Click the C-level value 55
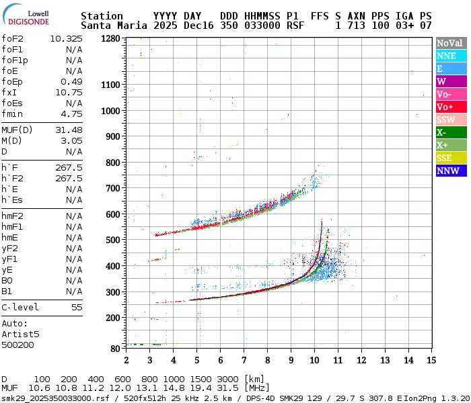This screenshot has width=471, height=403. point(77,307)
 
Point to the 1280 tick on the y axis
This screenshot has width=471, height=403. point(111,39)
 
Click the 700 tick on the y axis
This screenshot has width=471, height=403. point(113,189)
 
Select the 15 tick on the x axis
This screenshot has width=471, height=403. point(430,360)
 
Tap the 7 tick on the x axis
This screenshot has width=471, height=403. point(244,360)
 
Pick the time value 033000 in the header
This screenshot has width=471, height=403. point(262,26)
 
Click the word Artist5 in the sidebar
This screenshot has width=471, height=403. point(20,334)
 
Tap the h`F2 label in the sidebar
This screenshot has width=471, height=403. point(13,178)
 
